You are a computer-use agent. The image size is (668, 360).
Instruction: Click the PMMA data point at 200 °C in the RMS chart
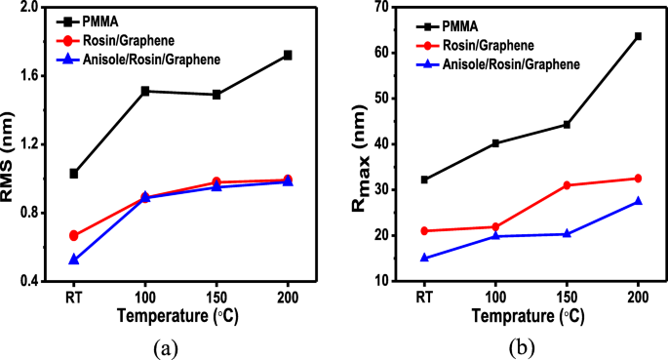tap(287, 55)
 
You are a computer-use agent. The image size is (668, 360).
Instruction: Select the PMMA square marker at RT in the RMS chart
tap(73, 174)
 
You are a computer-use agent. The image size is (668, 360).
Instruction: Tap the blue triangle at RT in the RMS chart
tap(73, 260)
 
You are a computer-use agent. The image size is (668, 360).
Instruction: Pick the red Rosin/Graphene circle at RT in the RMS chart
tap(73, 235)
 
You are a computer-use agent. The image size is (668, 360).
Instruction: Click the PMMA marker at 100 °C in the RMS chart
tap(145, 91)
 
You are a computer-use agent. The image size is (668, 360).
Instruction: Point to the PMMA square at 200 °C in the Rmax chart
tap(638, 36)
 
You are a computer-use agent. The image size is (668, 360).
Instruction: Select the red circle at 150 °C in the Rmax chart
tap(567, 185)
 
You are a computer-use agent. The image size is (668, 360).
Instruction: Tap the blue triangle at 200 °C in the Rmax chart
tap(638, 201)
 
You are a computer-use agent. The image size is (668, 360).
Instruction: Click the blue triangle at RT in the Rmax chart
tap(424, 258)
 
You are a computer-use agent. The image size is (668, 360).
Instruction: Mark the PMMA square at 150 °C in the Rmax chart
tap(567, 124)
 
